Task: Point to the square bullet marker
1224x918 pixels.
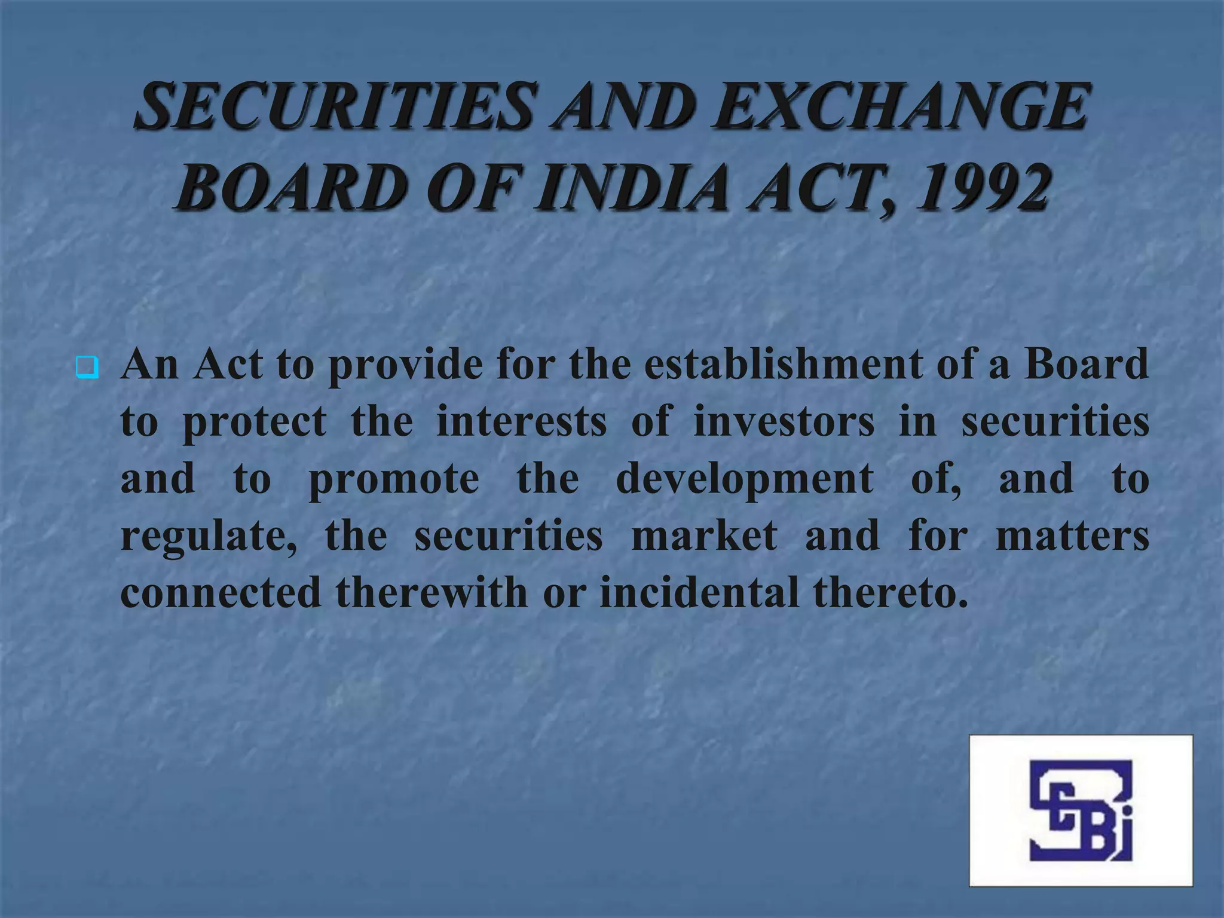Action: coord(87,367)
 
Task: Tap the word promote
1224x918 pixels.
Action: coord(394,480)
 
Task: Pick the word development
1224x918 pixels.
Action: coord(745,480)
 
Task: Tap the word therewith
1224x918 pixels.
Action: coord(432,592)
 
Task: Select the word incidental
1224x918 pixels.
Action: coord(699,592)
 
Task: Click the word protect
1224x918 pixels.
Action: coord(255,421)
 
